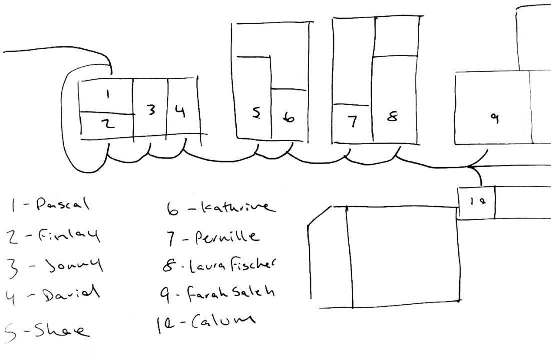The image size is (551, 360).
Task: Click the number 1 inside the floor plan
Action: click(109, 93)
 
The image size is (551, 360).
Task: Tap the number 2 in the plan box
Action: click(109, 124)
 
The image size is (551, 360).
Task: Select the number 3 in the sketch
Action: click(151, 110)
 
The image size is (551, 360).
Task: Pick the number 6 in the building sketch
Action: click(289, 117)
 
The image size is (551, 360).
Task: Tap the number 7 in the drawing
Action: click(353, 122)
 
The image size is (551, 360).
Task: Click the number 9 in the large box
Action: click(494, 118)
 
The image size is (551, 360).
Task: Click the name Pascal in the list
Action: click(62, 204)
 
